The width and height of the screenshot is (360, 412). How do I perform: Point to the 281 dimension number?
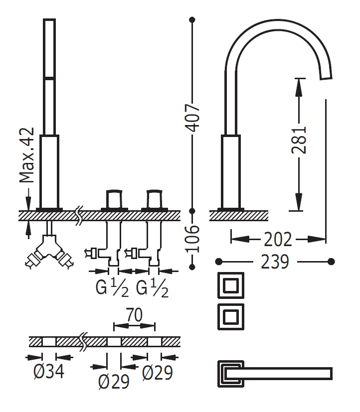299,140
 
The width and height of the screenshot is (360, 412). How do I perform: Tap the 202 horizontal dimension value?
278,240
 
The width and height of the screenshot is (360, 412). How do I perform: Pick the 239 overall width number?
275,261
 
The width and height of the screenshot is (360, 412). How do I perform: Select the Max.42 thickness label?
27,155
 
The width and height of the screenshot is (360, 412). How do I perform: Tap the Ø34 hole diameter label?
49,372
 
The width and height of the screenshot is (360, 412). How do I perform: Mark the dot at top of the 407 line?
193,20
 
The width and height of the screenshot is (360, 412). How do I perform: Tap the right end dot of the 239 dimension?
331,261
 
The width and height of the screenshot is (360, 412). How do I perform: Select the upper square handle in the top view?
230,286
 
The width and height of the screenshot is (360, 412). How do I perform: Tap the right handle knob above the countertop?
154,198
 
